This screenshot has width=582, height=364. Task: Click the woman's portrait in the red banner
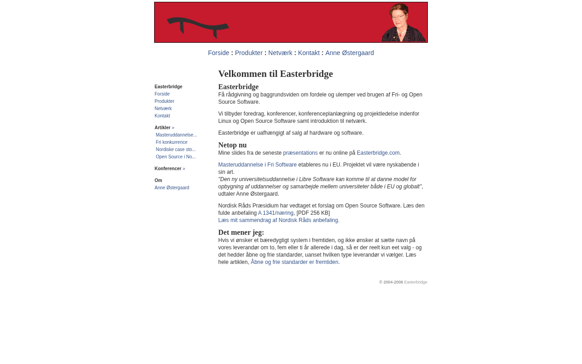[402, 23]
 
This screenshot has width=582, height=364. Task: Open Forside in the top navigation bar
[219, 53]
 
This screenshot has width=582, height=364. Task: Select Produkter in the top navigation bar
[249, 53]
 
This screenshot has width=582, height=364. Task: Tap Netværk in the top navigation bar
[280, 53]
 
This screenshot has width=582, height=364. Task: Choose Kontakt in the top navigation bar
[309, 53]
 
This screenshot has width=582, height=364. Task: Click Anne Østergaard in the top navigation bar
[350, 53]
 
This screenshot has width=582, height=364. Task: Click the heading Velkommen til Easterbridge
[276, 74]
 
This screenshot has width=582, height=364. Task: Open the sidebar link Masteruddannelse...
[176, 135]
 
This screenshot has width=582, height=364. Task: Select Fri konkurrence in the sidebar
[171, 142]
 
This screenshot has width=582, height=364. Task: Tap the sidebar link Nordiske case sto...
[176, 150]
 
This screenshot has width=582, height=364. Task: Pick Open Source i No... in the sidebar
[176, 157]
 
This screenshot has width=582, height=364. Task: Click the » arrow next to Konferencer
[184, 169]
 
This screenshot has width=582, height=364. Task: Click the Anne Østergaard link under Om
[172, 188]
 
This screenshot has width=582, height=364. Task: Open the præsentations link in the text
[301, 153]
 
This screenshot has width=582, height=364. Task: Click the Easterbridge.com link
[378, 153]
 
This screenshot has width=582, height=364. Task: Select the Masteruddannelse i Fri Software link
[257, 165]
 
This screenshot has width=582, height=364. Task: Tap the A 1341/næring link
[276, 213]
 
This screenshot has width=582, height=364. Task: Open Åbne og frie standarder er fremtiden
[295, 262]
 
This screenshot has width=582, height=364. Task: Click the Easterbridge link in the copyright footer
[416, 282]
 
